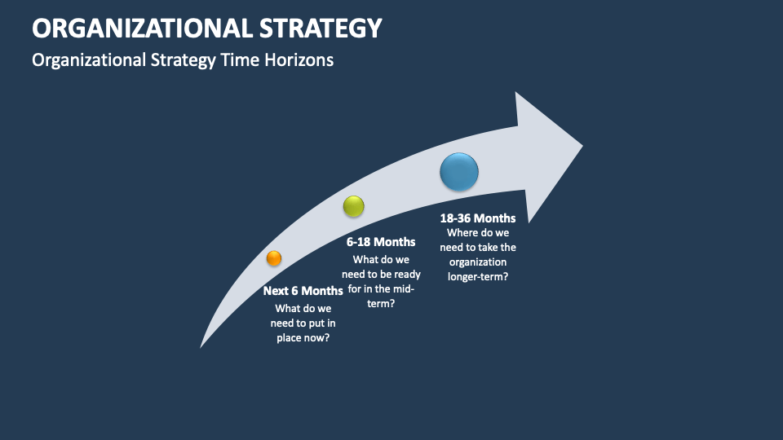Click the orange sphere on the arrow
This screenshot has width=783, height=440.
click(274, 258)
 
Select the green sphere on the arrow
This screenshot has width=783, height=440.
click(353, 207)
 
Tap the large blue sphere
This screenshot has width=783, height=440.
click(459, 172)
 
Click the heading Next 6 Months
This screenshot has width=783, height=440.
click(303, 291)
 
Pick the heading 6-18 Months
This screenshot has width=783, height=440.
click(381, 242)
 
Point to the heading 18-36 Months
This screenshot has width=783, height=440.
click(478, 218)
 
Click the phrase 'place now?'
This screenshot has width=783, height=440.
click(303, 337)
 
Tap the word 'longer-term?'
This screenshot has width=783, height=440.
click(477, 276)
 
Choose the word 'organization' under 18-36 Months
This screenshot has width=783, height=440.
click(478, 262)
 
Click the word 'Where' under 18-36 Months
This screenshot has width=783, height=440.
click(463, 233)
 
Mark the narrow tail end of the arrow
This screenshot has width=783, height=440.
click(202, 345)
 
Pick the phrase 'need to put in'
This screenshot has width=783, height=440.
click(303, 323)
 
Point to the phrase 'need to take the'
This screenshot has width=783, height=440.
click(478, 248)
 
